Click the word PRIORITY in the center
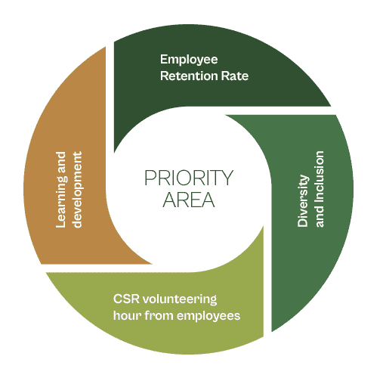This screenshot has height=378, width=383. point(189,178)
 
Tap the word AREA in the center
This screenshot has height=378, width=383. point(189,200)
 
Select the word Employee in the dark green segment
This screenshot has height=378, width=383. point(189,60)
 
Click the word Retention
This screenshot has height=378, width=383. point(189,76)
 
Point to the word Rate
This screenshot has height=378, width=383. point(235,76)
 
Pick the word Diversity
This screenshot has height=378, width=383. point(303,201)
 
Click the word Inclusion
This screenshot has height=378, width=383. point(319,176)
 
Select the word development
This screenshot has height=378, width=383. point(77,190)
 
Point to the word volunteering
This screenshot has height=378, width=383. point(180,299)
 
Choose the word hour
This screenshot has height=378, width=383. point(128,315)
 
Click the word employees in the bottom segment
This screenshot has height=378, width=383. point(208,317)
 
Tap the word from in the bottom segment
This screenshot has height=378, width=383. point(159,315)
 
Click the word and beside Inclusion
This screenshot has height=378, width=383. point(319,216)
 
